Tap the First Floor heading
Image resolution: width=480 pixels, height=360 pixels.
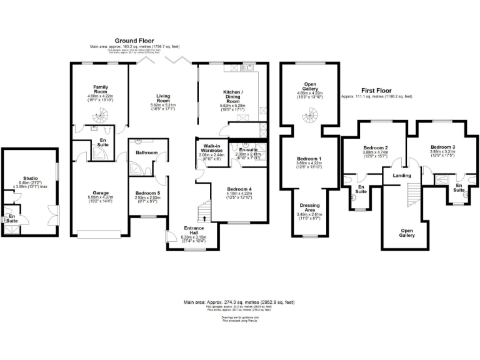[x=376, y=91]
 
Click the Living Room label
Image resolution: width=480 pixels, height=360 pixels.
[x=163, y=98]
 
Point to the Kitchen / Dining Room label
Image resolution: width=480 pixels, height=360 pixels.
[x=232, y=95]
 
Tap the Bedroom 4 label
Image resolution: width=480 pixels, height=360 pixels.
[x=239, y=189]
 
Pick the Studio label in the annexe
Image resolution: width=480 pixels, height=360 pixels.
[x=29, y=177]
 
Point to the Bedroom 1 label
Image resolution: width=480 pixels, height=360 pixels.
[x=309, y=159]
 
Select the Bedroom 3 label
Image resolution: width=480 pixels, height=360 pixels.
[x=442, y=147]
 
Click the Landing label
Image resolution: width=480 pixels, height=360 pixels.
[x=401, y=176]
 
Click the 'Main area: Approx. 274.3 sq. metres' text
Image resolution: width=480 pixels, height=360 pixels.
[x=239, y=302]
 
